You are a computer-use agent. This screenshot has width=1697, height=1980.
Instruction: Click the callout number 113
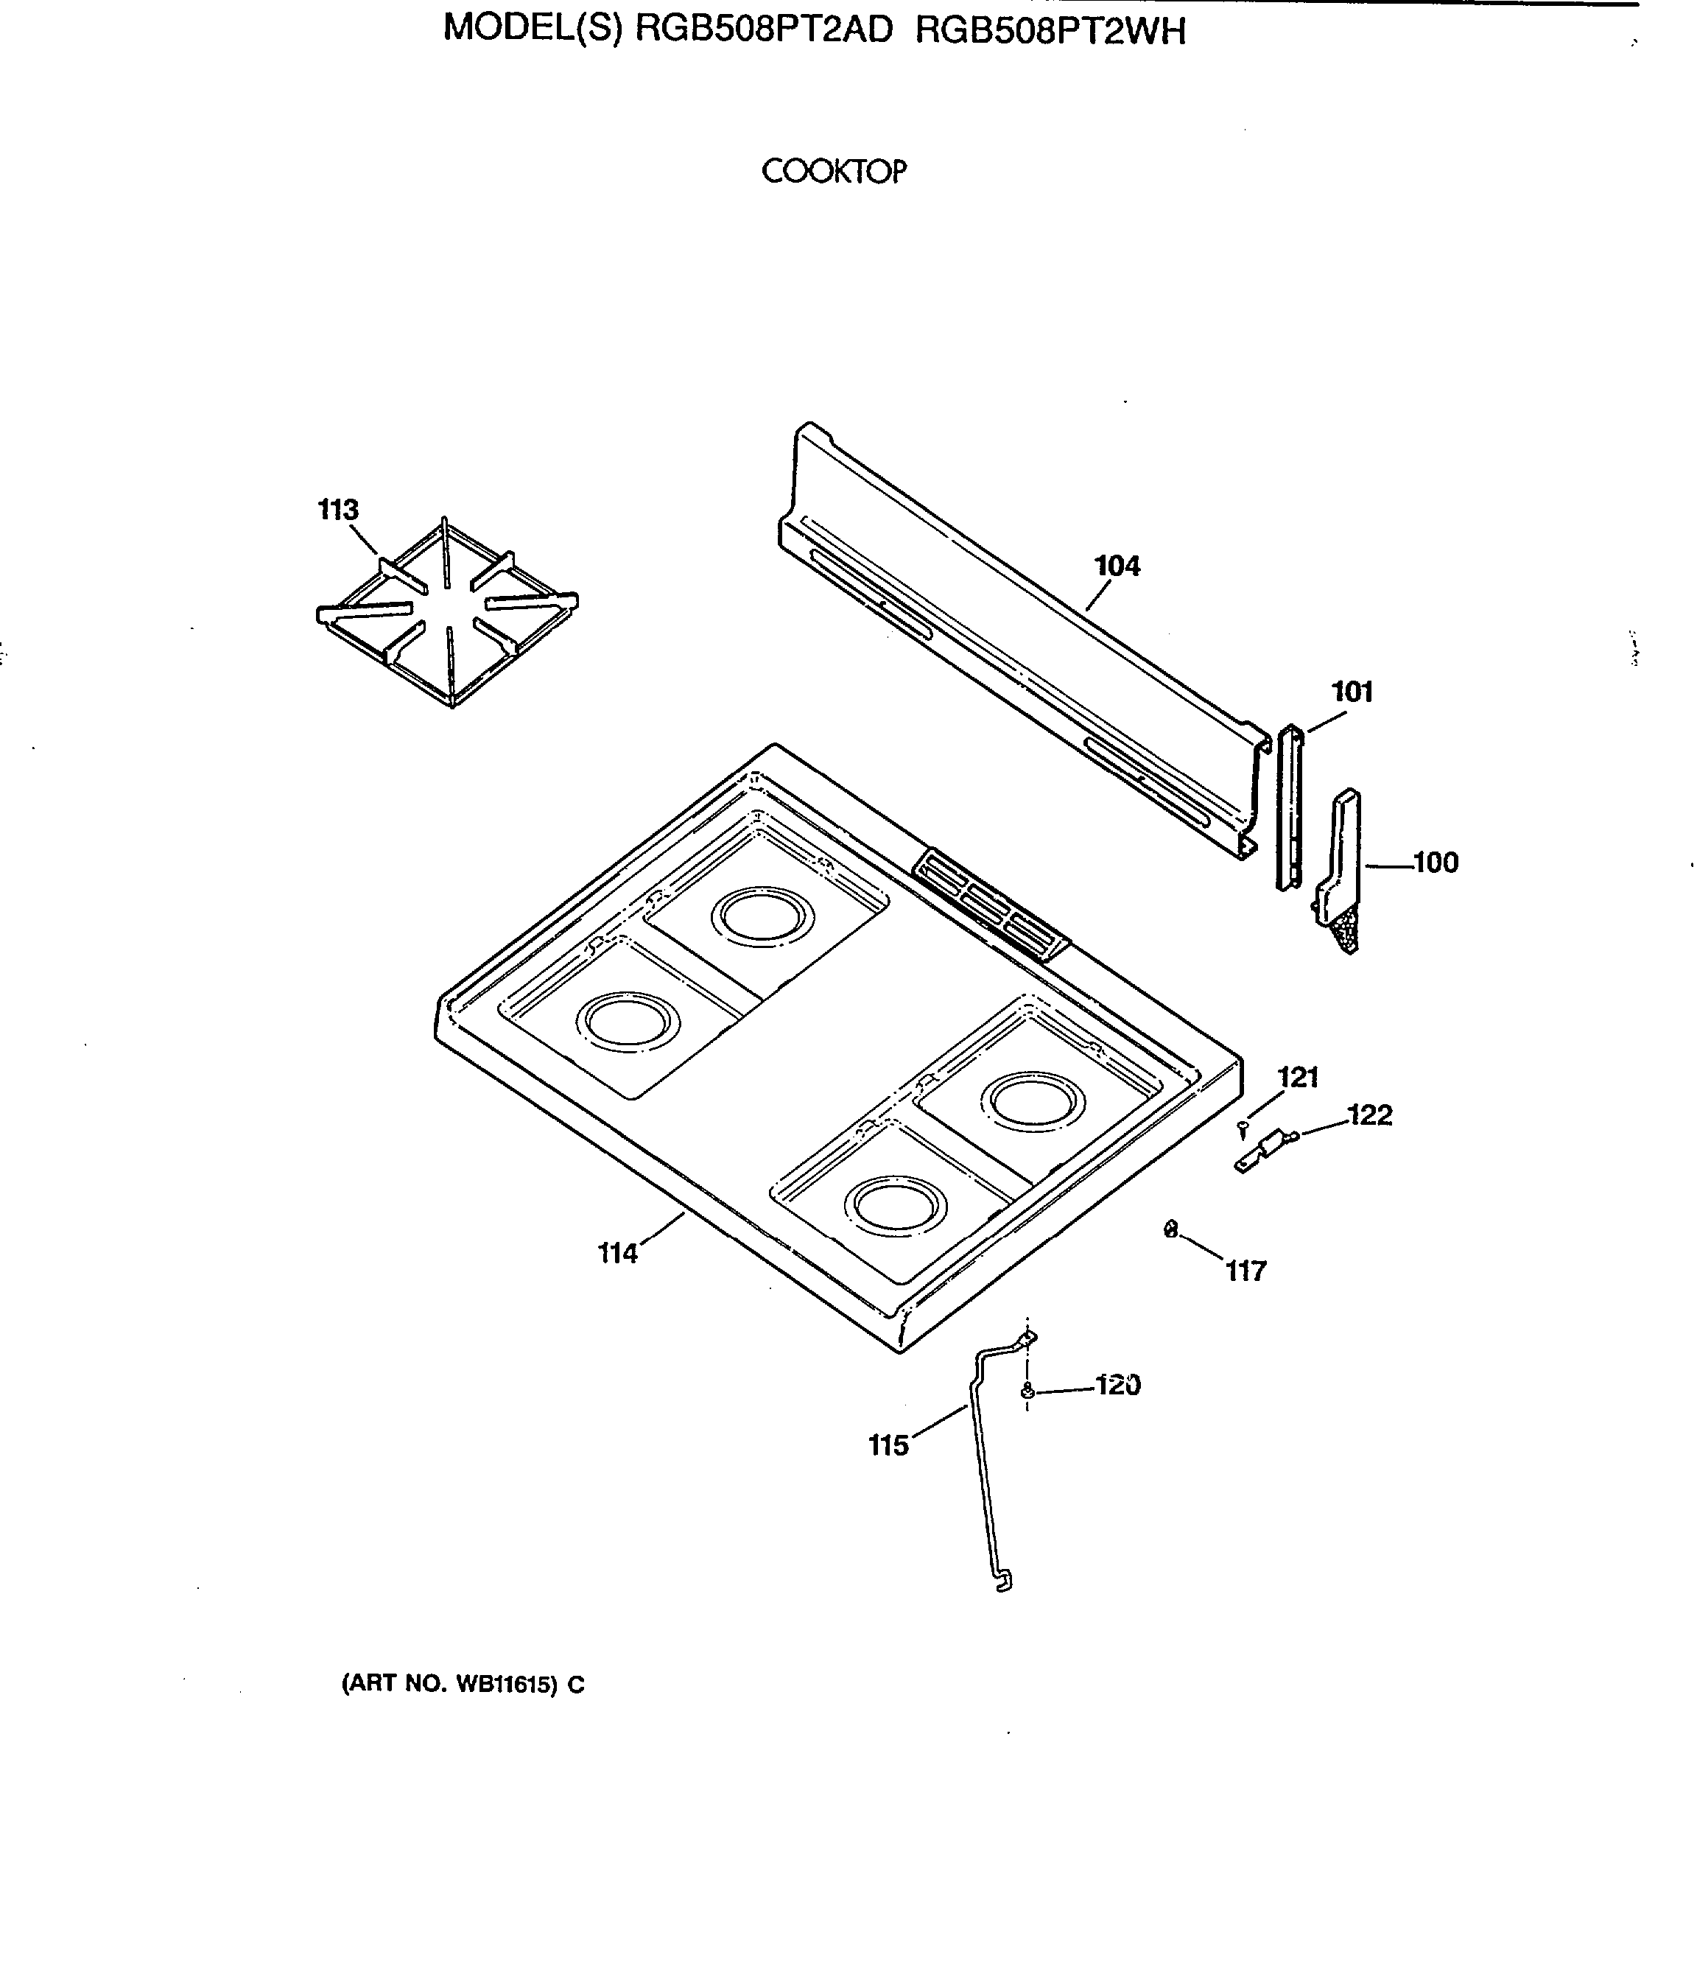(x=337, y=510)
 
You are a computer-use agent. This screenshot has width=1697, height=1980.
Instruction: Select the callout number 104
(x=1117, y=566)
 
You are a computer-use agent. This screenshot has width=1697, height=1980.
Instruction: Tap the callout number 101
(x=1352, y=692)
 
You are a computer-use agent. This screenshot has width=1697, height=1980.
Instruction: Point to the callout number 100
(x=1436, y=863)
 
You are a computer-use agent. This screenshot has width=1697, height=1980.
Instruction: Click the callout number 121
(x=1298, y=1078)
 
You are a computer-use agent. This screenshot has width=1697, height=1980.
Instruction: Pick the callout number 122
(x=1369, y=1115)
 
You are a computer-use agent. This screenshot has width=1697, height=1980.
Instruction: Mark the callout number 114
(x=617, y=1253)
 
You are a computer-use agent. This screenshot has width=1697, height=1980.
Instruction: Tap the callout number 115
(x=888, y=1446)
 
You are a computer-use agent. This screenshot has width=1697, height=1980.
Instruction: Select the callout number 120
(x=1117, y=1385)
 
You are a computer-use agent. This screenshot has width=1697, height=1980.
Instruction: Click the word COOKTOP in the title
(x=833, y=172)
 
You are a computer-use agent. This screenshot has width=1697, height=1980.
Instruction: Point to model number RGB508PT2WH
(x=1050, y=32)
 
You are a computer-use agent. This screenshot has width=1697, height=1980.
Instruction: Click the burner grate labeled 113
(x=447, y=611)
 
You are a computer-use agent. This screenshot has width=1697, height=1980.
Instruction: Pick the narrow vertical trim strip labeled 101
(x=1289, y=807)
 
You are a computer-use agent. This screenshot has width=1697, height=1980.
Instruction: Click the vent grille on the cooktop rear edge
(x=990, y=903)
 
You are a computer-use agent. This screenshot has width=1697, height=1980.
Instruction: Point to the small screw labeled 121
(x=1242, y=1129)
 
